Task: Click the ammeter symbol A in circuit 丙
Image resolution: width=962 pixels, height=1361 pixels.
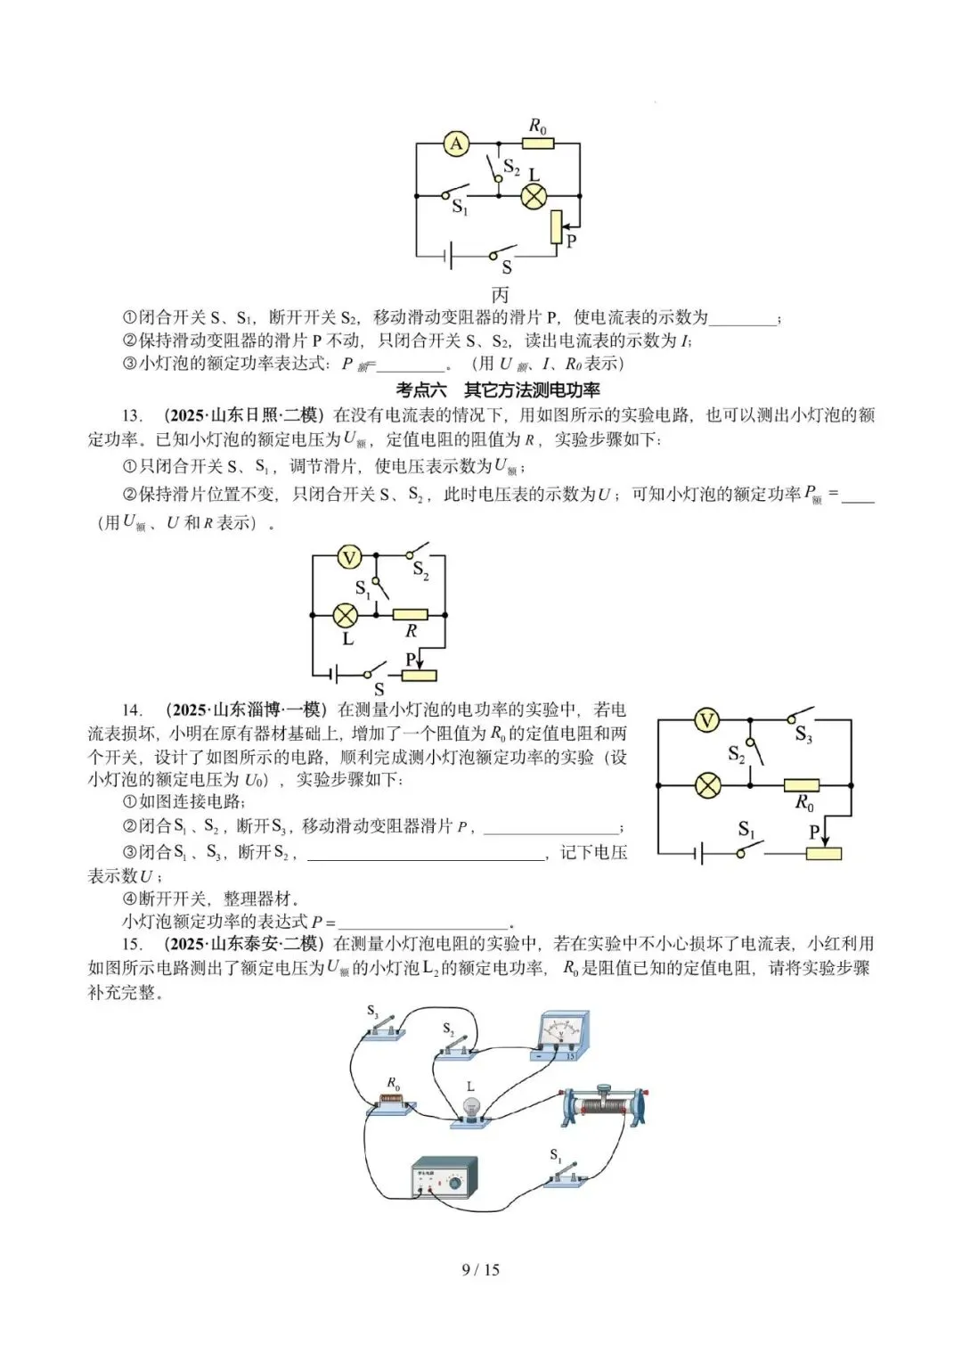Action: (456, 143)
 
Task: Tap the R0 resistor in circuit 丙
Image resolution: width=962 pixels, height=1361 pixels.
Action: (538, 143)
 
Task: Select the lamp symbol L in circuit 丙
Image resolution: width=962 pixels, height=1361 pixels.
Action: (534, 196)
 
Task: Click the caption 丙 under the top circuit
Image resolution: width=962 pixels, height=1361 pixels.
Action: (500, 294)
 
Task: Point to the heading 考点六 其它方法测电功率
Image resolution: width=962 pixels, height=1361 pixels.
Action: (498, 389)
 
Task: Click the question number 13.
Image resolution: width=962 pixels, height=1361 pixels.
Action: (132, 415)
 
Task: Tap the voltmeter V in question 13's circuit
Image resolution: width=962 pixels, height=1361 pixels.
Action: (348, 558)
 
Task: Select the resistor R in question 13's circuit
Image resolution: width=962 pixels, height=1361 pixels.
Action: (410, 614)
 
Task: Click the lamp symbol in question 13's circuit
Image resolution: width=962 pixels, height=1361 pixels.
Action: (345, 614)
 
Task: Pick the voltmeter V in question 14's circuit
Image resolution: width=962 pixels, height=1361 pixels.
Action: (706, 720)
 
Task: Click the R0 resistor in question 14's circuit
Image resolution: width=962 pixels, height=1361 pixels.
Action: (802, 785)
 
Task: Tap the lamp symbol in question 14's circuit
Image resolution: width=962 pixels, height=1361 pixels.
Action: (707, 785)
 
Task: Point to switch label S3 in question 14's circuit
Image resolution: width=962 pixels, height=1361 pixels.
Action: (803, 734)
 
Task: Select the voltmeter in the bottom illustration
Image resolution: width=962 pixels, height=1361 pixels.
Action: (559, 1036)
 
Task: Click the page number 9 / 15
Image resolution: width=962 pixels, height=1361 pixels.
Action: (480, 1269)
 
